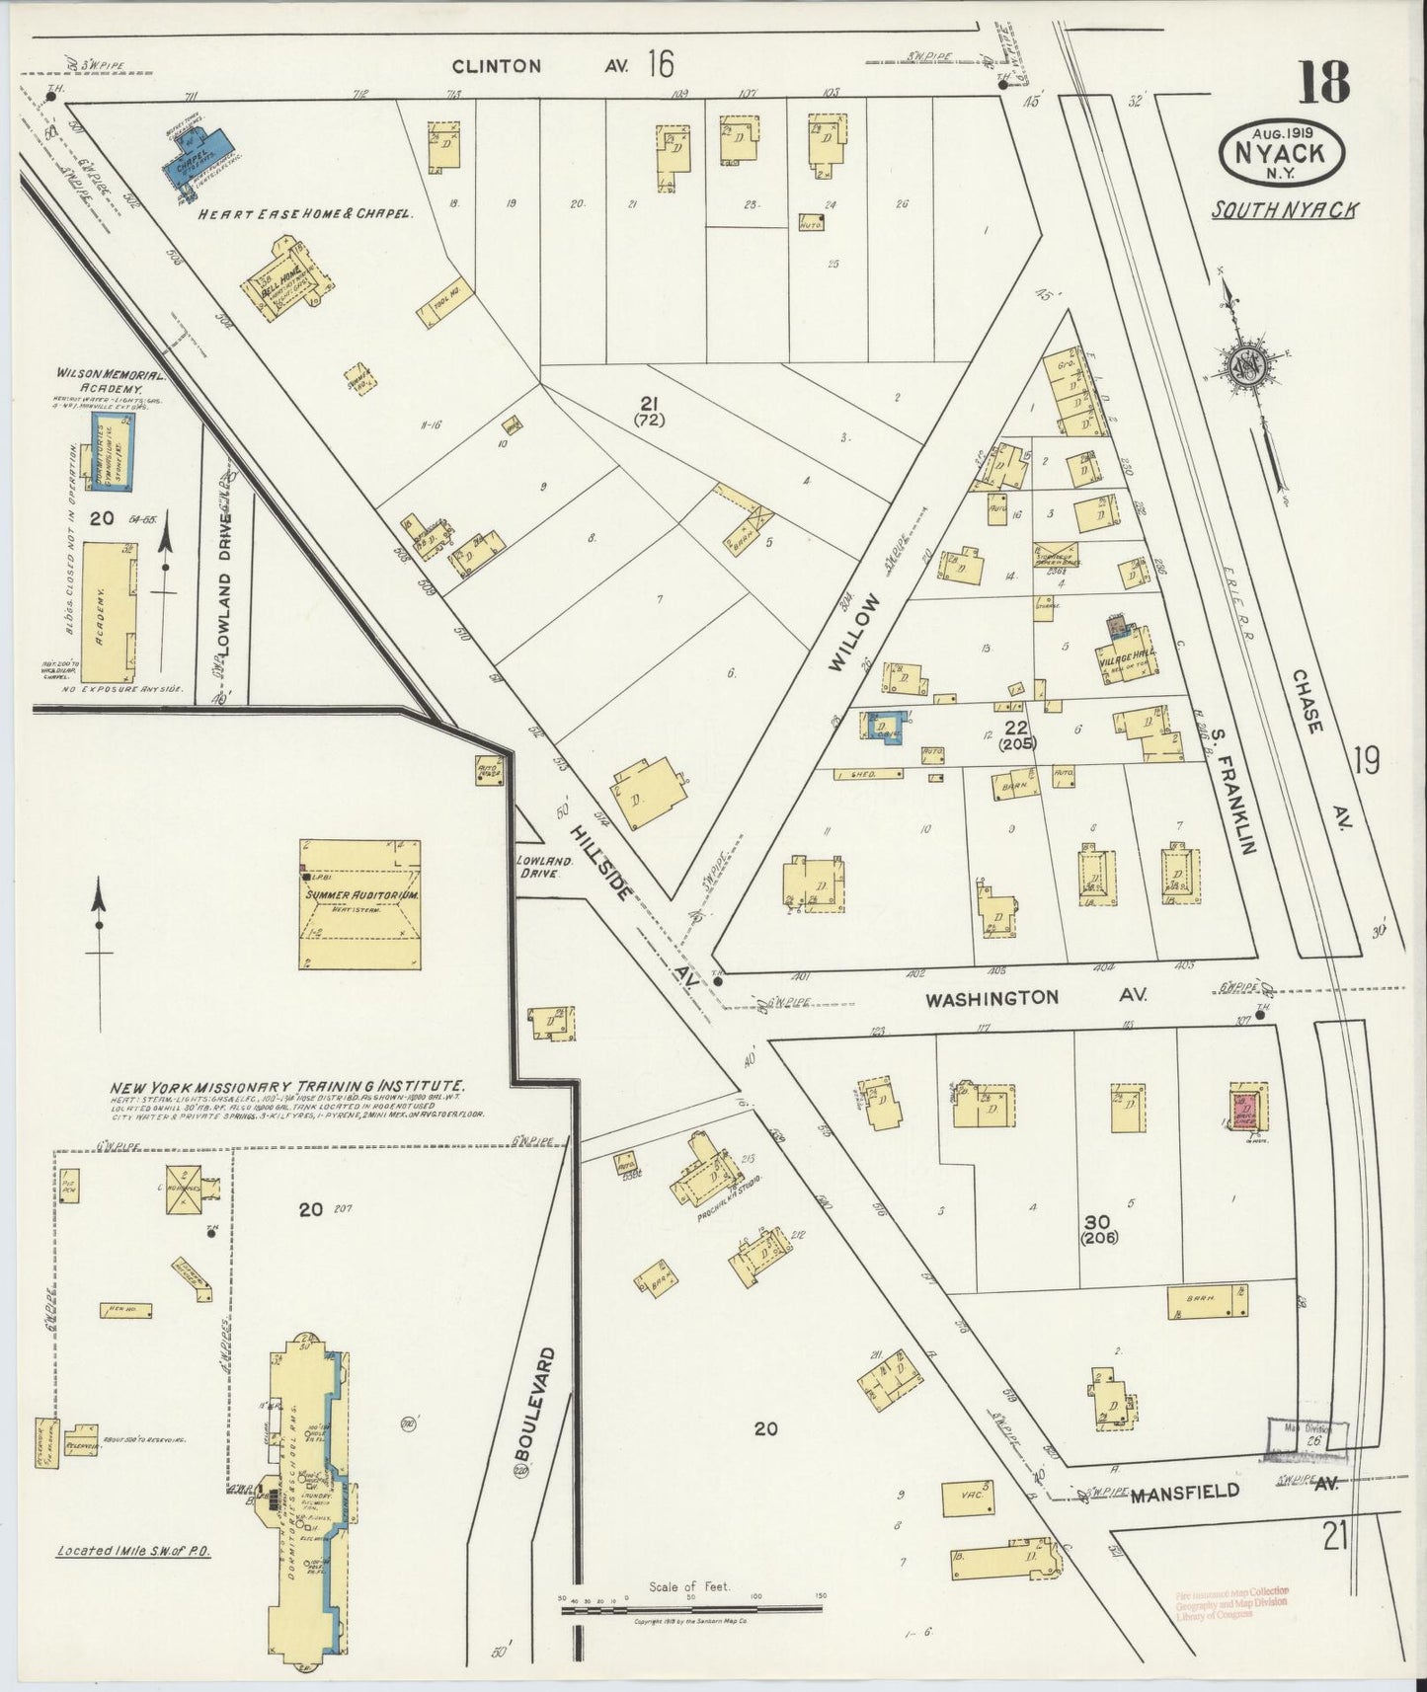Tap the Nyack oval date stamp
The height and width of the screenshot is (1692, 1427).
[x=1285, y=152]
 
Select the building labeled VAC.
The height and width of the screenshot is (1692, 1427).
[x=968, y=1497]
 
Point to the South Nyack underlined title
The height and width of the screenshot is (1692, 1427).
[x=1287, y=210]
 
